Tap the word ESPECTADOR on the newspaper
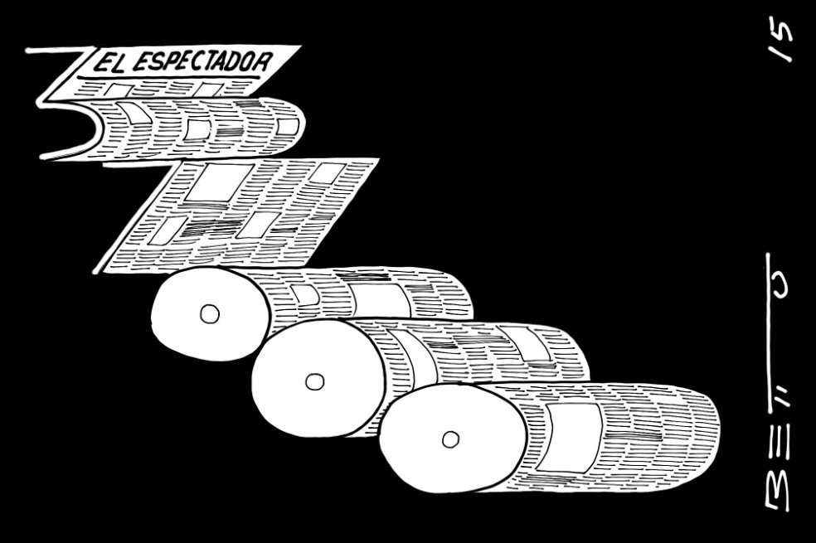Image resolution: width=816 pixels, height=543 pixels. [200, 61]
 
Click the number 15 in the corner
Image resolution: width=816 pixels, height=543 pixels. [781, 38]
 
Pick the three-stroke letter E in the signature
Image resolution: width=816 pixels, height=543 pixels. [778, 450]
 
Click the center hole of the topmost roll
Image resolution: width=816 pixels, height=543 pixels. [210, 314]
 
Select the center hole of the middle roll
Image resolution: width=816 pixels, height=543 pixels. [314, 382]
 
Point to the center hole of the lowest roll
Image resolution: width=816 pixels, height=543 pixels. [450, 439]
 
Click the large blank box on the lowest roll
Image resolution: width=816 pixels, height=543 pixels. [570, 437]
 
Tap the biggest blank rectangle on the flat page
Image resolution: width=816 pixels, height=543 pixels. [220, 182]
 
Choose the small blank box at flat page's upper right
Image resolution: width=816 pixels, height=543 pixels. [327, 173]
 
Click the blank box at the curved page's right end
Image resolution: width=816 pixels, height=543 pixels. [288, 126]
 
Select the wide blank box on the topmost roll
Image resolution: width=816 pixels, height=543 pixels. [380, 299]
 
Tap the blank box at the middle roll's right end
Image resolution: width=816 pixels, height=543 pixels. [526, 343]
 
